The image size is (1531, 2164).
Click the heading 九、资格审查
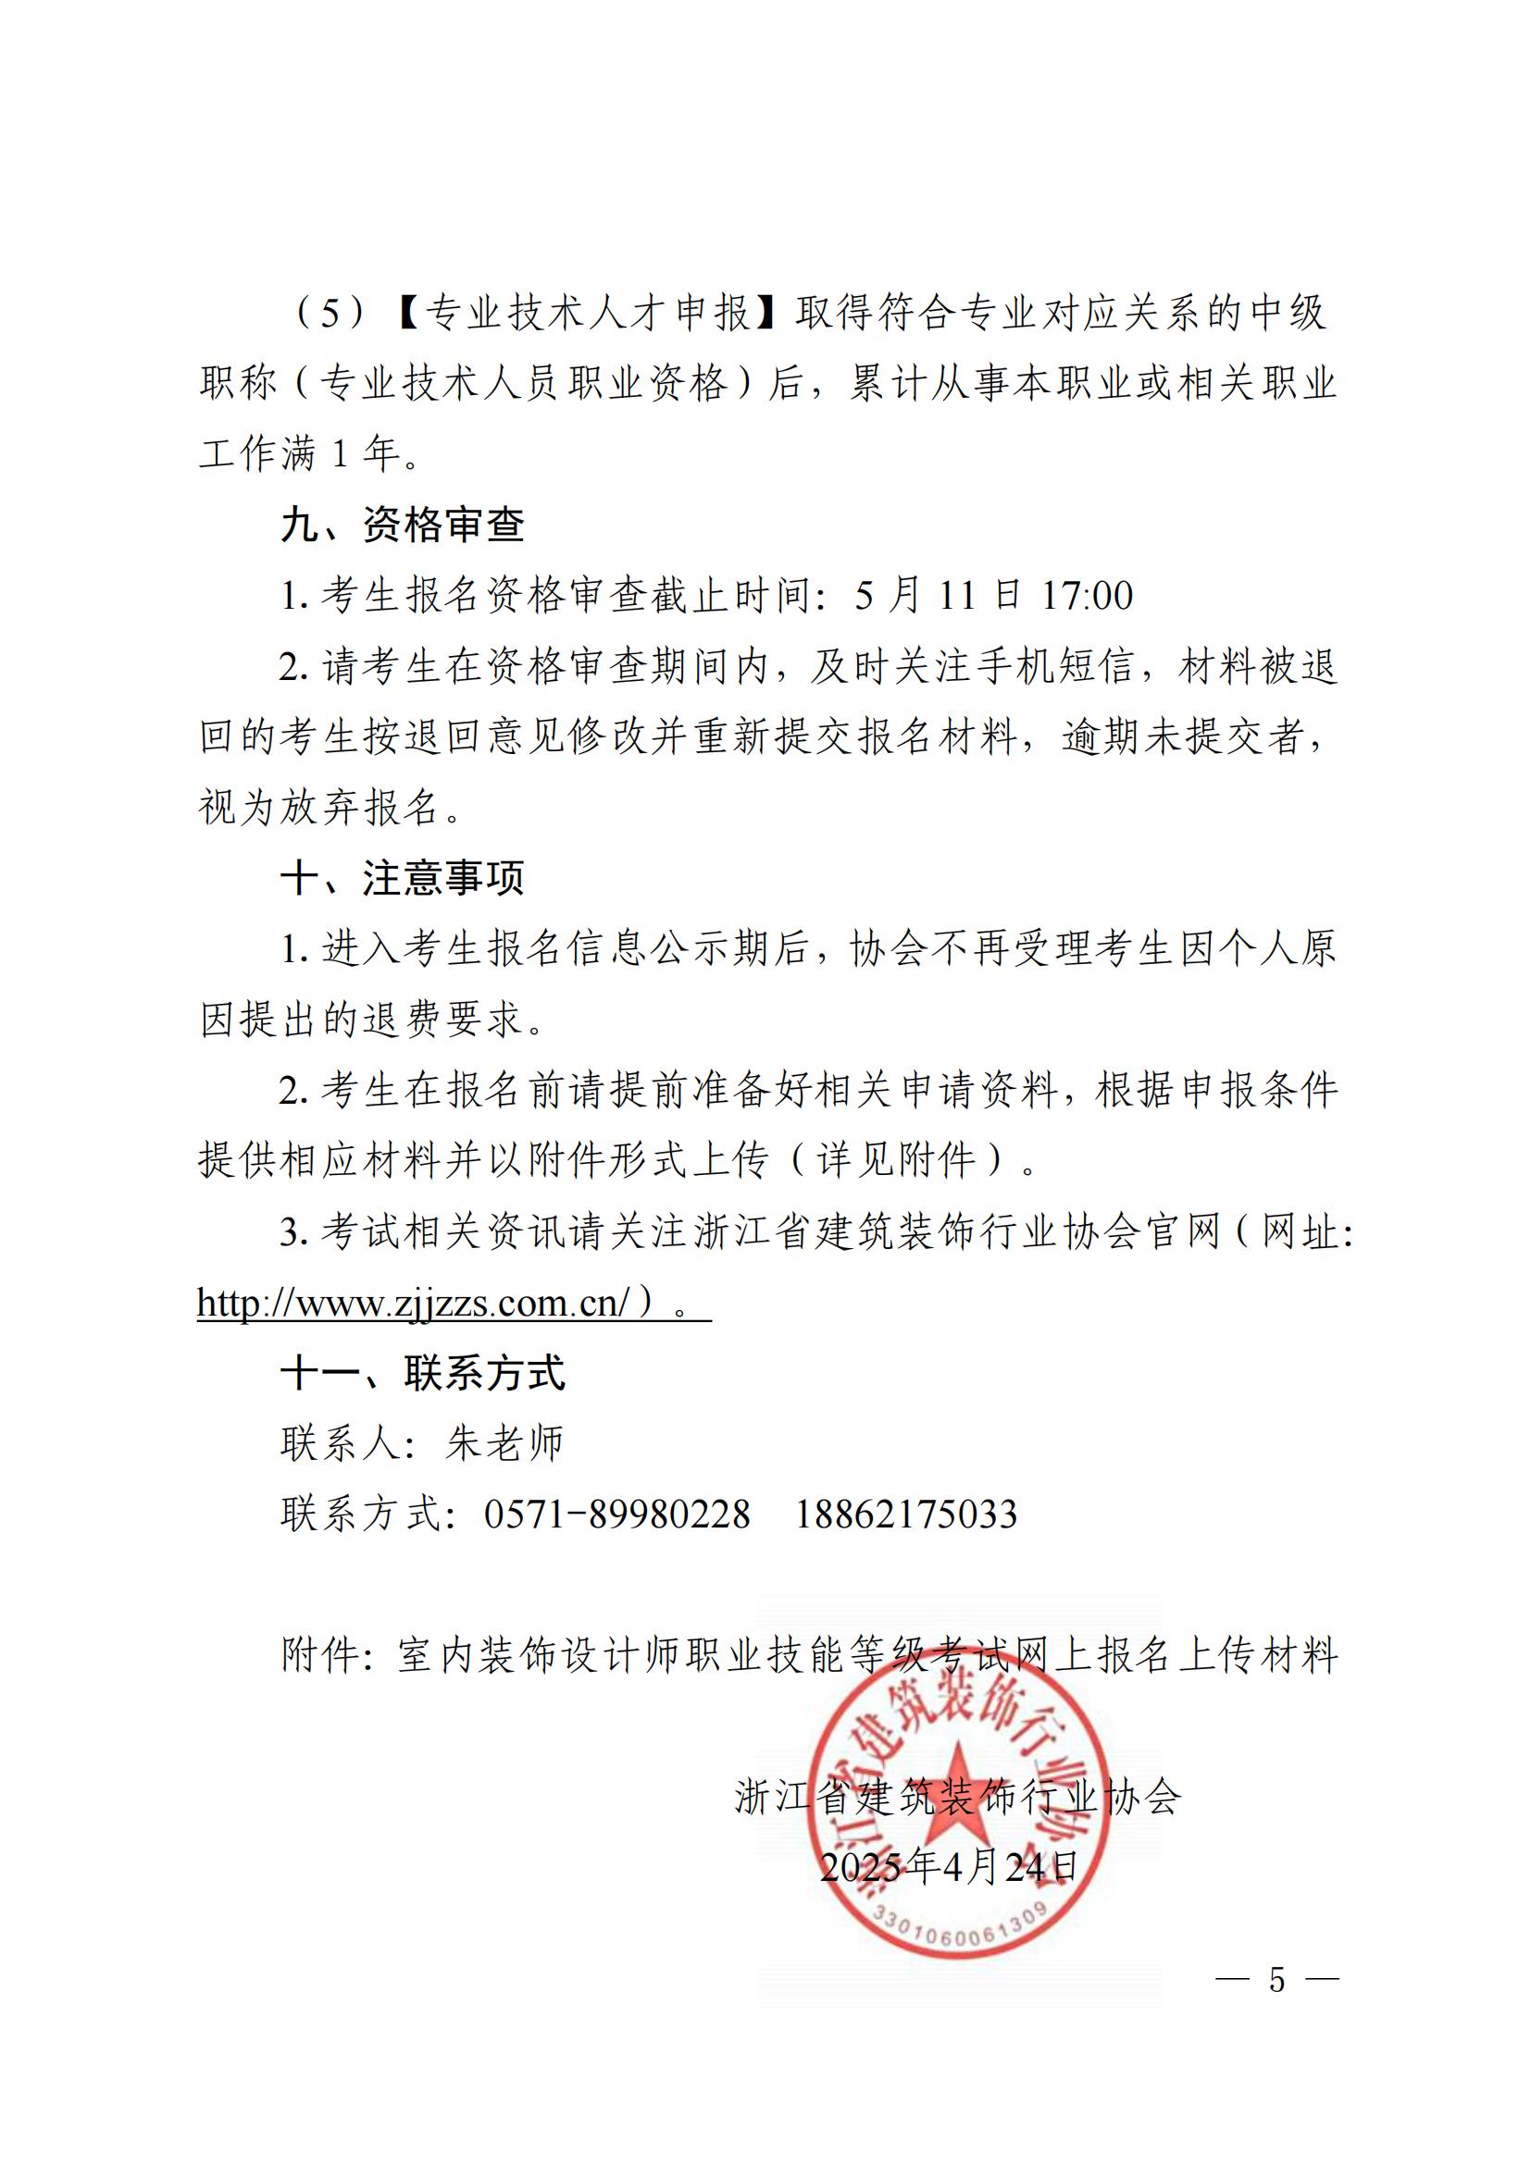click(403, 525)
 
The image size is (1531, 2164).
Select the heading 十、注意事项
click(403, 878)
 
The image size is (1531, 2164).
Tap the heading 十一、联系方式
click(423, 1373)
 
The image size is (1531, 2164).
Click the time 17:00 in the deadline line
click(1087, 596)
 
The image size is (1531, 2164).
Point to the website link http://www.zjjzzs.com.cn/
click(413, 1303)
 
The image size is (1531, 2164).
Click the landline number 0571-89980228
click(616, 1515)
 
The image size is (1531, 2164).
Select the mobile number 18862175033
click(906, 1515)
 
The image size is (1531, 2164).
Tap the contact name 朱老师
click(504, 1444)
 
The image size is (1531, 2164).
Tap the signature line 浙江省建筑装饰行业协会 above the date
click(957, 1798)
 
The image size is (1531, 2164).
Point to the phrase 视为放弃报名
click(319, 808)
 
